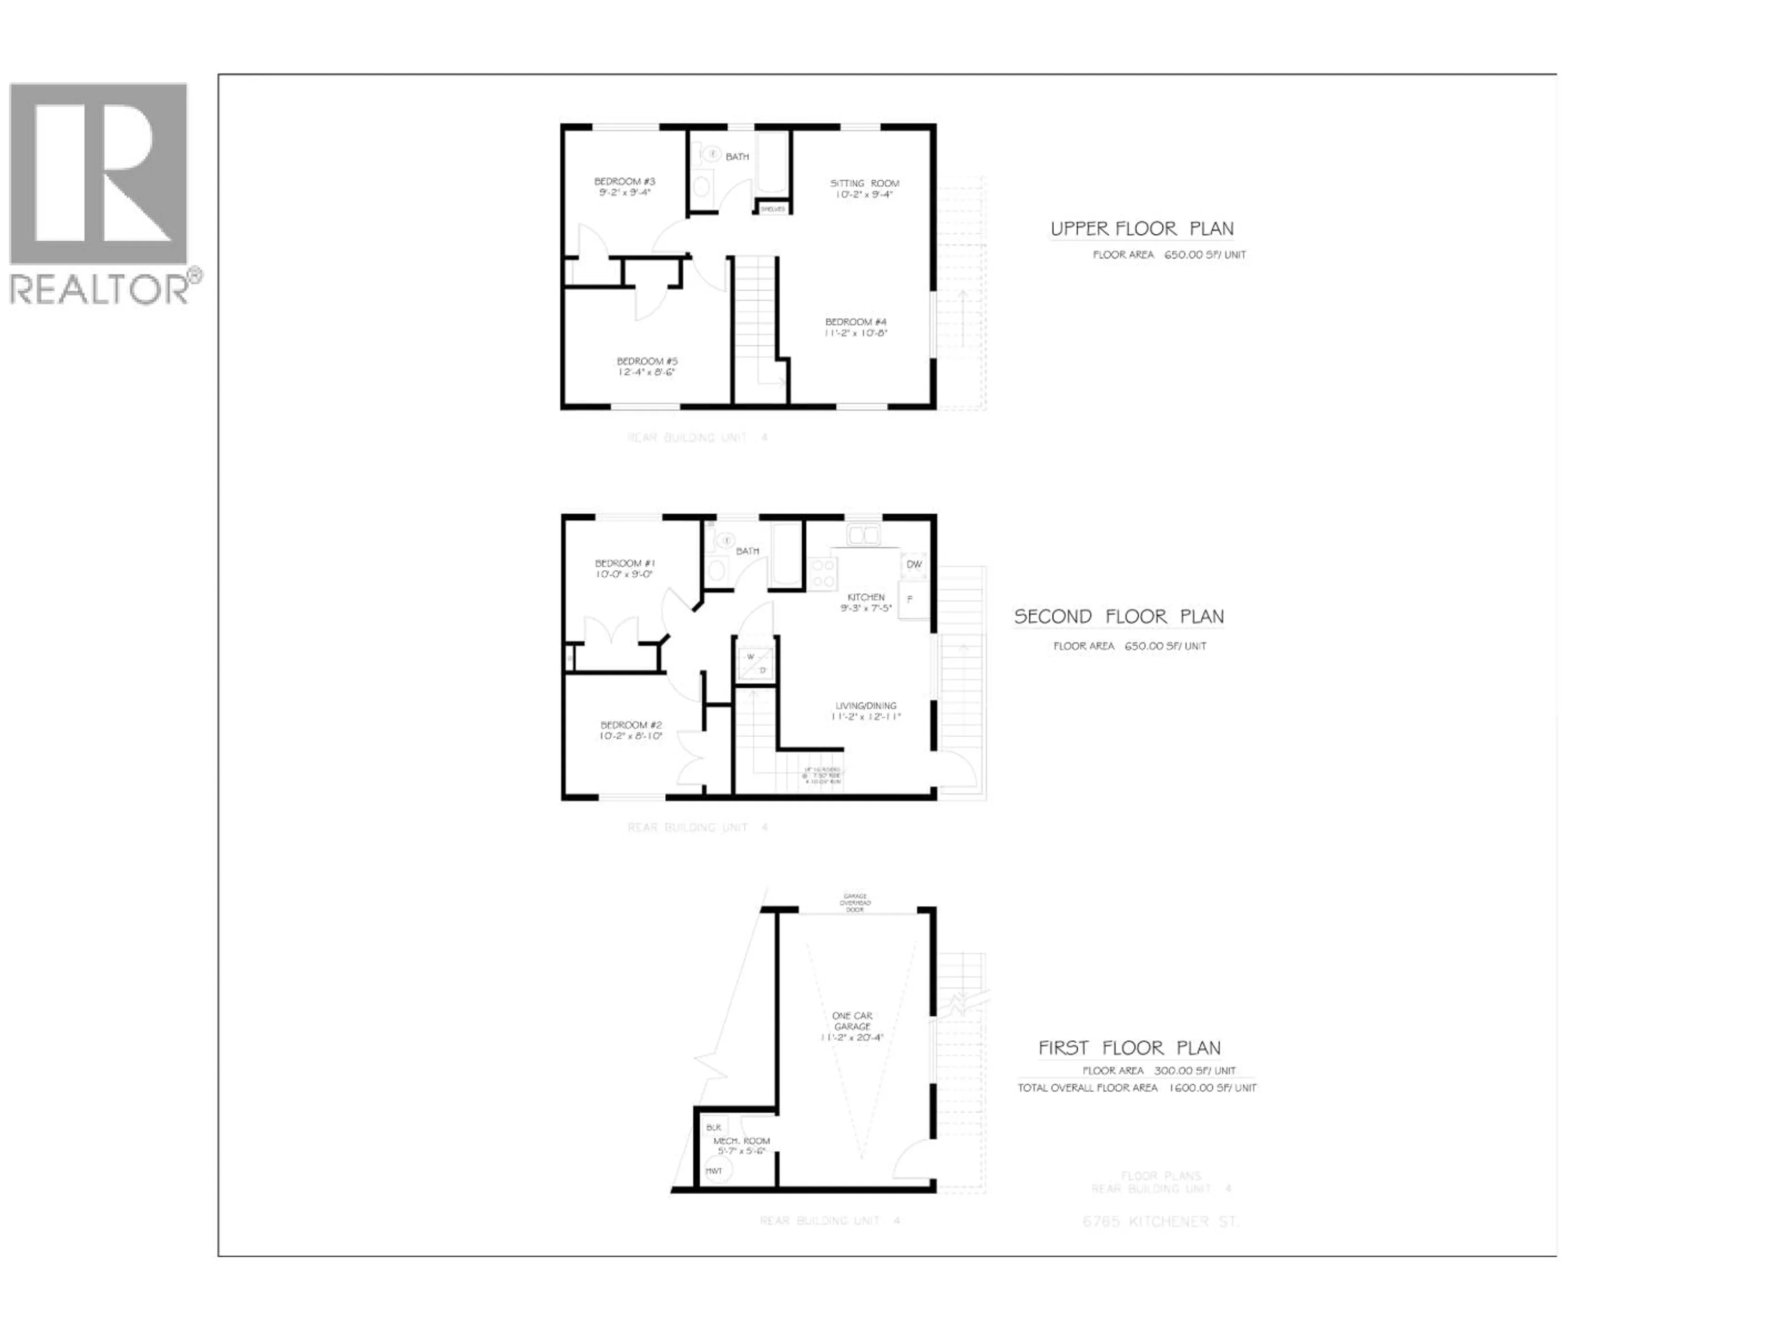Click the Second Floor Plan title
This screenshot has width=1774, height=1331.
(1119, 617)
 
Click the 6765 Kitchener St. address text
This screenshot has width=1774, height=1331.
(1160, 1222)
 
